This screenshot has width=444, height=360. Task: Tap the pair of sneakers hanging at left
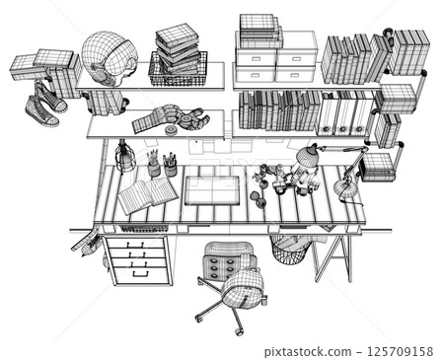pyautogui.click(x=45, y=104)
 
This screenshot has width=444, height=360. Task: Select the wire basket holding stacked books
pyautogui.click(x=179, y=69)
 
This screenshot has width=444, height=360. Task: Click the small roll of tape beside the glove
pyautogui.click(x=171, y=128)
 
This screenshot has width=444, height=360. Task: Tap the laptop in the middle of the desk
pyautogui.click(x=212, y=190)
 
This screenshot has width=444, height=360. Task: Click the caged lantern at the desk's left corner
pyautogui.click(x=123, y=157)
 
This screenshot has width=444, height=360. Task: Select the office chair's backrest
pyautogui.click(x=243, y=287)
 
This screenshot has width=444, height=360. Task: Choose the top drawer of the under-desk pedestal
pyautogui.click(x=137, y=243)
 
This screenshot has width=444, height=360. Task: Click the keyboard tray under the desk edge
pyautogui.click(x=144, y=229)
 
